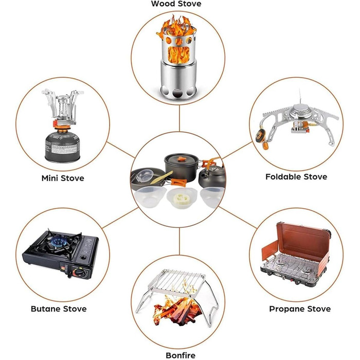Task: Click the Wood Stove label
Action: [x=176, y=4]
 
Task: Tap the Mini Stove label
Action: [x=63, y=178]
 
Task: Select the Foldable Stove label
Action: [x=296, y=177]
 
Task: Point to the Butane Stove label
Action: [x=59, y=309]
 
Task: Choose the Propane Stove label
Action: [x=300, y=309]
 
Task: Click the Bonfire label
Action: [x=181, y=355]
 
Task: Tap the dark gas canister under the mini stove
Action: [x=62, y=147]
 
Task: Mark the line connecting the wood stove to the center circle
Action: [x=179, y=118]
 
